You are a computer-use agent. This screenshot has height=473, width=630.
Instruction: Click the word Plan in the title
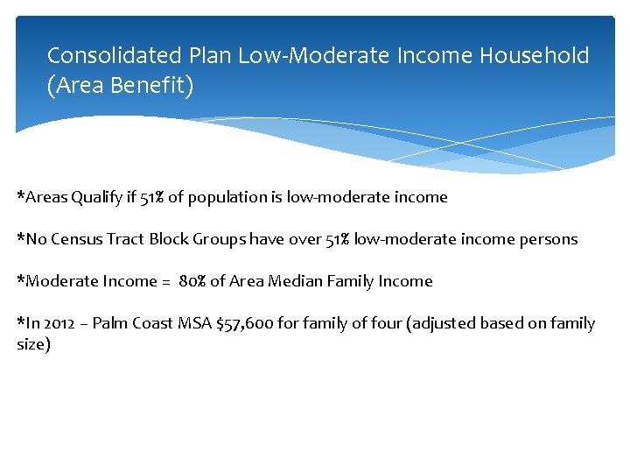[x=209, y=56]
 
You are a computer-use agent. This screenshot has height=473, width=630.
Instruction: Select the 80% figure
[x=192, y=281]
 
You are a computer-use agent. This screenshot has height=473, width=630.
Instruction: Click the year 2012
[x=57, y=323]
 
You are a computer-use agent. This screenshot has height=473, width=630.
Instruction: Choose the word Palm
[x=108, y=323]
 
